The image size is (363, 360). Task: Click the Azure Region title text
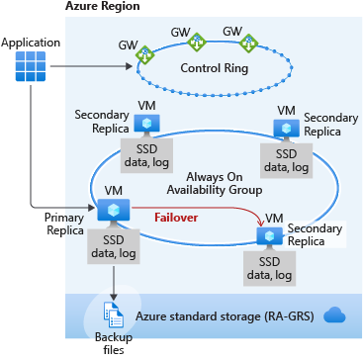click(102, 7)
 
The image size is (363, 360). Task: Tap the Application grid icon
click(32, 67)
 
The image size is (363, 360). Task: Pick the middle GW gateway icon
click(198, 44)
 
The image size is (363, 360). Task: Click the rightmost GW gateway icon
click(250, 43)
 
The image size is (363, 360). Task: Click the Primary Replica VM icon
click(107, 210)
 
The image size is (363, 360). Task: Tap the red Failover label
click(178, 214)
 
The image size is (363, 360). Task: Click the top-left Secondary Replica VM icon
click(148, 123)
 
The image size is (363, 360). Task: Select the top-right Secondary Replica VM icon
click(287, 128)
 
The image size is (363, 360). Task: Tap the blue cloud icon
click(333, 315)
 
